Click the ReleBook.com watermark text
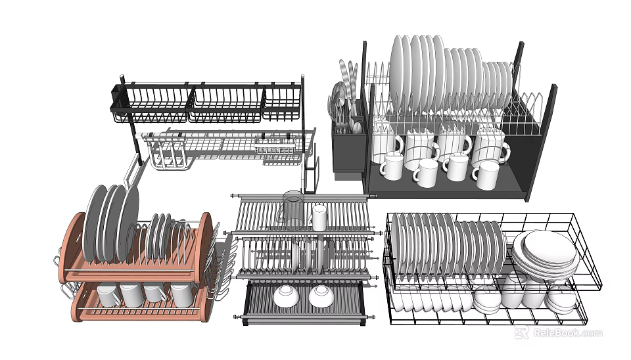567,334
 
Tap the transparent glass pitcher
292,209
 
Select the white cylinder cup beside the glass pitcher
319,217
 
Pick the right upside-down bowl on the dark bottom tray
321,296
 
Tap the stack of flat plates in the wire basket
545,254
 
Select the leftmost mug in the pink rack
108,294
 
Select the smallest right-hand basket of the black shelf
282,104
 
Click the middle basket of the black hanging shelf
225,104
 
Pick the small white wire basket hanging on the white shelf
275,147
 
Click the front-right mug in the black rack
487,175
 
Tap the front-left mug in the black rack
393,166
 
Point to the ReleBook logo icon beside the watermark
521,334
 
